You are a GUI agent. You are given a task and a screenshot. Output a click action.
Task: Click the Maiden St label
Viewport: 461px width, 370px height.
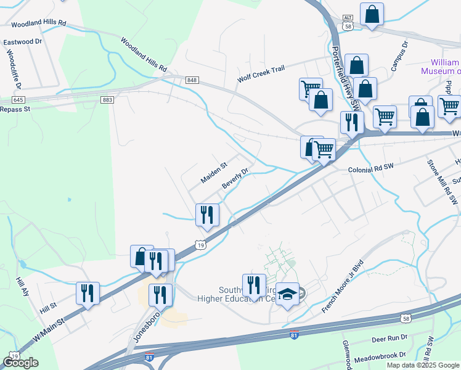click(x=214, y=173)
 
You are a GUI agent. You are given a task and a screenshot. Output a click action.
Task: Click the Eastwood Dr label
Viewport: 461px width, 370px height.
click(x=22, y=42)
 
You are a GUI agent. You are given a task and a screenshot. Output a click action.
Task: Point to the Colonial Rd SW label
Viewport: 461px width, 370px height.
click(x=370, y=168)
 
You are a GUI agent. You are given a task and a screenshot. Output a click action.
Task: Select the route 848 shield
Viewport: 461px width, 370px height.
click(x=192, y=80)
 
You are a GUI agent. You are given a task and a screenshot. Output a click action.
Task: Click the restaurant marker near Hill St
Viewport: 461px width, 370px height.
click(x=88, y=292)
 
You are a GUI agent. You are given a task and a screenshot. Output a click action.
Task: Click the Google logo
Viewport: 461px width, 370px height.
click(x=20, y=362)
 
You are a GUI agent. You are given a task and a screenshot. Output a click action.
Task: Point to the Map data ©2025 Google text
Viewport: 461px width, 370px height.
click(x=423, y=365)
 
